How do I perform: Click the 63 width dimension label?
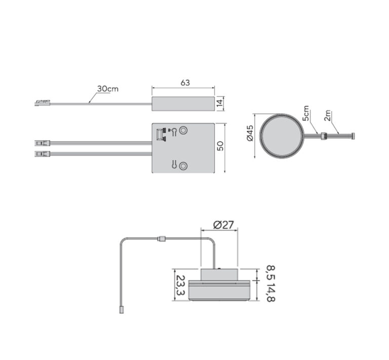pyautogui.click(x=185, y=83)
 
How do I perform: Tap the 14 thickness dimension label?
pyautogui.click(x=220, y=103)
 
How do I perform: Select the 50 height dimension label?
pyautogui.click(x=220, y=146)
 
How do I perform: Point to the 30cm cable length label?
pyautogui.click(x=108, y=89)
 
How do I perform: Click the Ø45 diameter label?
pyautogui.click(x=250, y=133)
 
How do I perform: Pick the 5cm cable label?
pyautogui.click(x=306, y=113)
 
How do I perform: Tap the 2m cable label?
pyautogui.click(x=328, y=115)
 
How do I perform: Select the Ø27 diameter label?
pyautogui.click(x=223, y=225)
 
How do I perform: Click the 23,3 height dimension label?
pyautogui.click(x=180, y=285)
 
